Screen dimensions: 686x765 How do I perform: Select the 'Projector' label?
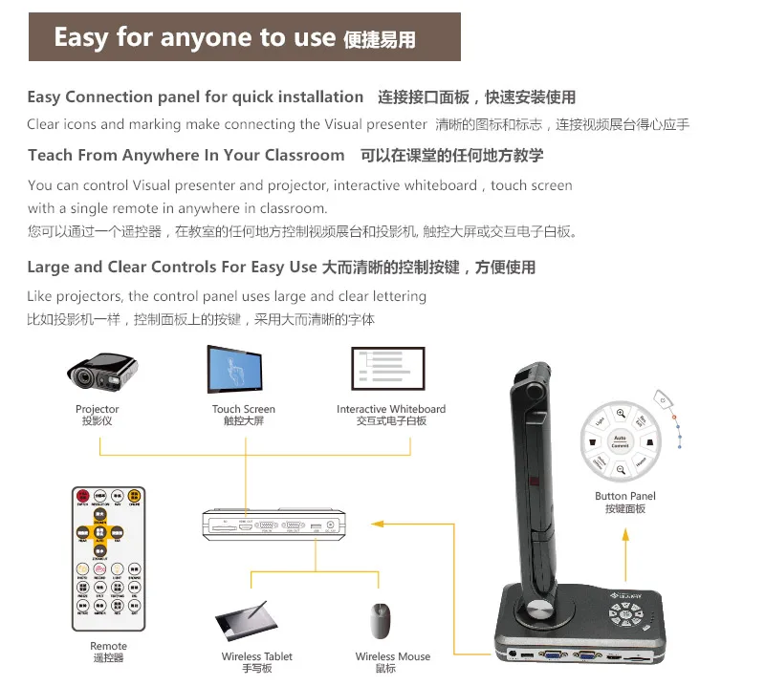98,409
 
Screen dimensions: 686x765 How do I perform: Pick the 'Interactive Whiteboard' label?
391,409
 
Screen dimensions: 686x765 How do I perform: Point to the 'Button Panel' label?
624,496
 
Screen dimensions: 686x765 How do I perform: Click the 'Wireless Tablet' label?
256,656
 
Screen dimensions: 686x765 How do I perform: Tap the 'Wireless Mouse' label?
392,656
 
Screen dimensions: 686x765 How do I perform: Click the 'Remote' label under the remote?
108,647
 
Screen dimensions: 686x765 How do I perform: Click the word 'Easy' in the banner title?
80,37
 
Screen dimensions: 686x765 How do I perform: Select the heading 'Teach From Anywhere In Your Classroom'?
186,155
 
